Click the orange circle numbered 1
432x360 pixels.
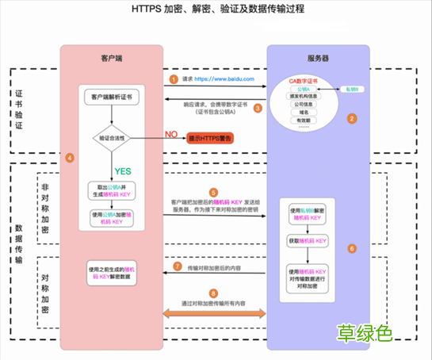(174, 79)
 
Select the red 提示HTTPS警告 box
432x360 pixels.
(216, 138)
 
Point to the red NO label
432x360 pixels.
(171, 134)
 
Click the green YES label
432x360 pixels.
(123, 170)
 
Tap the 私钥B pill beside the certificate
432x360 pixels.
(351, 90)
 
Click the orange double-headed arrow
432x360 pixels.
(216, 315)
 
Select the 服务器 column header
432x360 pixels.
(318, 59)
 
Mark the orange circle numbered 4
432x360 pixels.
(70, 158)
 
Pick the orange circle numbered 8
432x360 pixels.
(212, 293)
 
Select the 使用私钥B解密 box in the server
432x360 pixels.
(308, 212)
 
